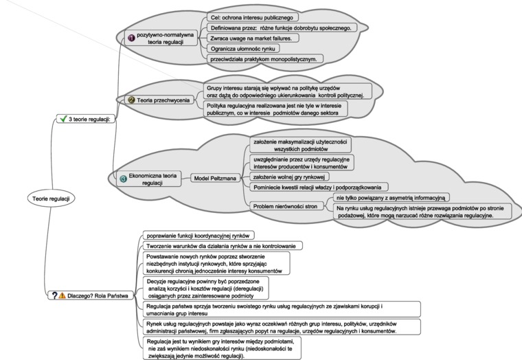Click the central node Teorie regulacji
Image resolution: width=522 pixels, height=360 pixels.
click(51, 199)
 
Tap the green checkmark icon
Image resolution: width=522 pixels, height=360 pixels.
click(63, 119)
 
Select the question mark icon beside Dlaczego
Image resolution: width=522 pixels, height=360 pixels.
click(54, 295)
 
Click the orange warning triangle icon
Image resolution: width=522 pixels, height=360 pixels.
click(62, 295)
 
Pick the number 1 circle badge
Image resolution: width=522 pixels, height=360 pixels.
click(131, 38)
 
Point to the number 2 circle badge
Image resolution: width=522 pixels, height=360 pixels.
click(131, 100)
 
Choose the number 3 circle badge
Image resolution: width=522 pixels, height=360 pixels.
click(123, 179)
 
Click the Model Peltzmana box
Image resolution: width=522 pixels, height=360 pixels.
click(215, 178)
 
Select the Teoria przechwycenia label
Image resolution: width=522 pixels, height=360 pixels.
click(163, 100)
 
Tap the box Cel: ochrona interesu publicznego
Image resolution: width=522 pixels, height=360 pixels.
click(252, 17)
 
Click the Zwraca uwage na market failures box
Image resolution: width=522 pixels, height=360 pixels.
click(253, 38)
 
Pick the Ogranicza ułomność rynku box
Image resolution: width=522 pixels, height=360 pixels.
click(243, 49)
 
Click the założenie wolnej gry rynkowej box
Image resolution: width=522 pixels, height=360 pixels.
click(289, 177)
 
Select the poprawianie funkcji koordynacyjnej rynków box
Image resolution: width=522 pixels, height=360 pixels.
click(198, 236)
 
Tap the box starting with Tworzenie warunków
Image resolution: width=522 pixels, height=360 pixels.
click(223, 246)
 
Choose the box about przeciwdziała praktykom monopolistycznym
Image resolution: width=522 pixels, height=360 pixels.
click(265, 59)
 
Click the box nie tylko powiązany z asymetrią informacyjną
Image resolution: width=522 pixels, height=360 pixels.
click(391, 198)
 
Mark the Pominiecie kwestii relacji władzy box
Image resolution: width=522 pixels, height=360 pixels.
click(319, 187)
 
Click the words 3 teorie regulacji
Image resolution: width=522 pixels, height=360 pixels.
click(89, 119)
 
